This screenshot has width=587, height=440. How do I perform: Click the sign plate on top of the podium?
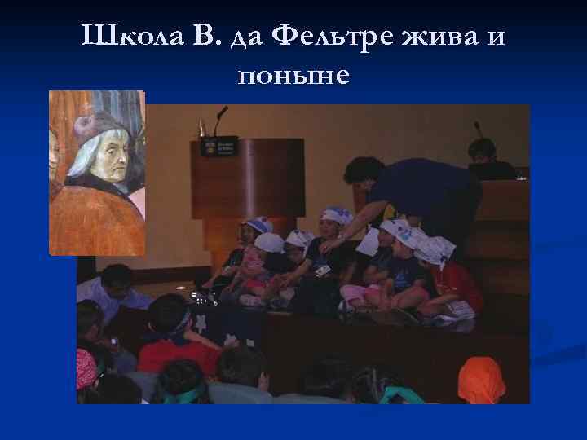click(x=219, y=146)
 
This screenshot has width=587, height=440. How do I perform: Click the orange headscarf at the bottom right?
click(x=483, y=379)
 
